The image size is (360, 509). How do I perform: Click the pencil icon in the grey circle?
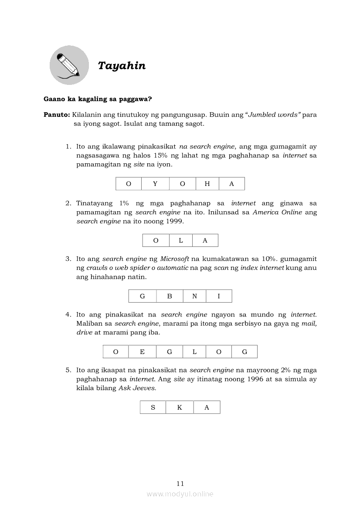(69, 65)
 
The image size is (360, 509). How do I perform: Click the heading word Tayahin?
(122, 66)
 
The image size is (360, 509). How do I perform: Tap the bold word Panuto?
(57, 115)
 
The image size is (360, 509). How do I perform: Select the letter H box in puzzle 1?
(207, 184)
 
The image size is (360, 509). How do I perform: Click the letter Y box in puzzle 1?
(155, 184)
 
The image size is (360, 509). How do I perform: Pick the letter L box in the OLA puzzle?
(180, 240)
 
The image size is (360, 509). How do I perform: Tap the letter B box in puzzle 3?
(170, 296)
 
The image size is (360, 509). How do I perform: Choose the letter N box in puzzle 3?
(194, 296)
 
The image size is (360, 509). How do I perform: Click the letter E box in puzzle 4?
(142, 352)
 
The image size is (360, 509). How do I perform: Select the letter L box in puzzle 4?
(194, 352)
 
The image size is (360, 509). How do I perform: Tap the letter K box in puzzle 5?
(180, 408)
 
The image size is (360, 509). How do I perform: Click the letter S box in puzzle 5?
(153, 408)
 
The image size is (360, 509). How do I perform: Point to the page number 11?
(180, 483)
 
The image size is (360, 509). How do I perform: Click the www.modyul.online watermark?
(180, 494)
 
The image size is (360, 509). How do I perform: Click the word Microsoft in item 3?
(174, 259)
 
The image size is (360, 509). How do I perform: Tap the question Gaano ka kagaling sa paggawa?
(98, 99)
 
